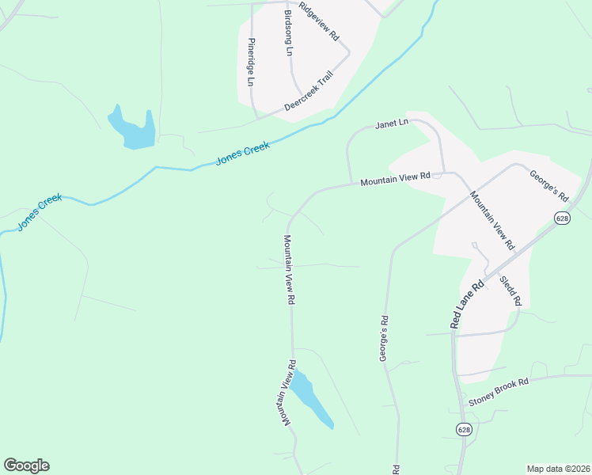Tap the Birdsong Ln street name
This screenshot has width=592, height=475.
(x=288, y=34)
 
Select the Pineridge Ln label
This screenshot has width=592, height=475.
(x=251, y=63)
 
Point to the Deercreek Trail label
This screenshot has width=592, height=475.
(x=309, y=93)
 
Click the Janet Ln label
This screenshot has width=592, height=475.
(x=391, y=123)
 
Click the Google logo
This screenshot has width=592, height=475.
(x=26, y=465)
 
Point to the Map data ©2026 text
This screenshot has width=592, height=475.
(x=557, y=469)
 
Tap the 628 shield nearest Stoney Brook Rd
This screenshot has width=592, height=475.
(x=464, y=429)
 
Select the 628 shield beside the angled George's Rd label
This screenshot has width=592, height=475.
(x=562, y=218)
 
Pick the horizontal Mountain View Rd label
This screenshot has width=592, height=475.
(x=394, y=180)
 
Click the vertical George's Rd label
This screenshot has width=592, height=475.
(x=384, y=340)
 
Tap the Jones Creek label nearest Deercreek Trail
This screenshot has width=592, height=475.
(x=243, y=153)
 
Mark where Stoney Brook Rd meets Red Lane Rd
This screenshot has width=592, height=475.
(x=457, y=400)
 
